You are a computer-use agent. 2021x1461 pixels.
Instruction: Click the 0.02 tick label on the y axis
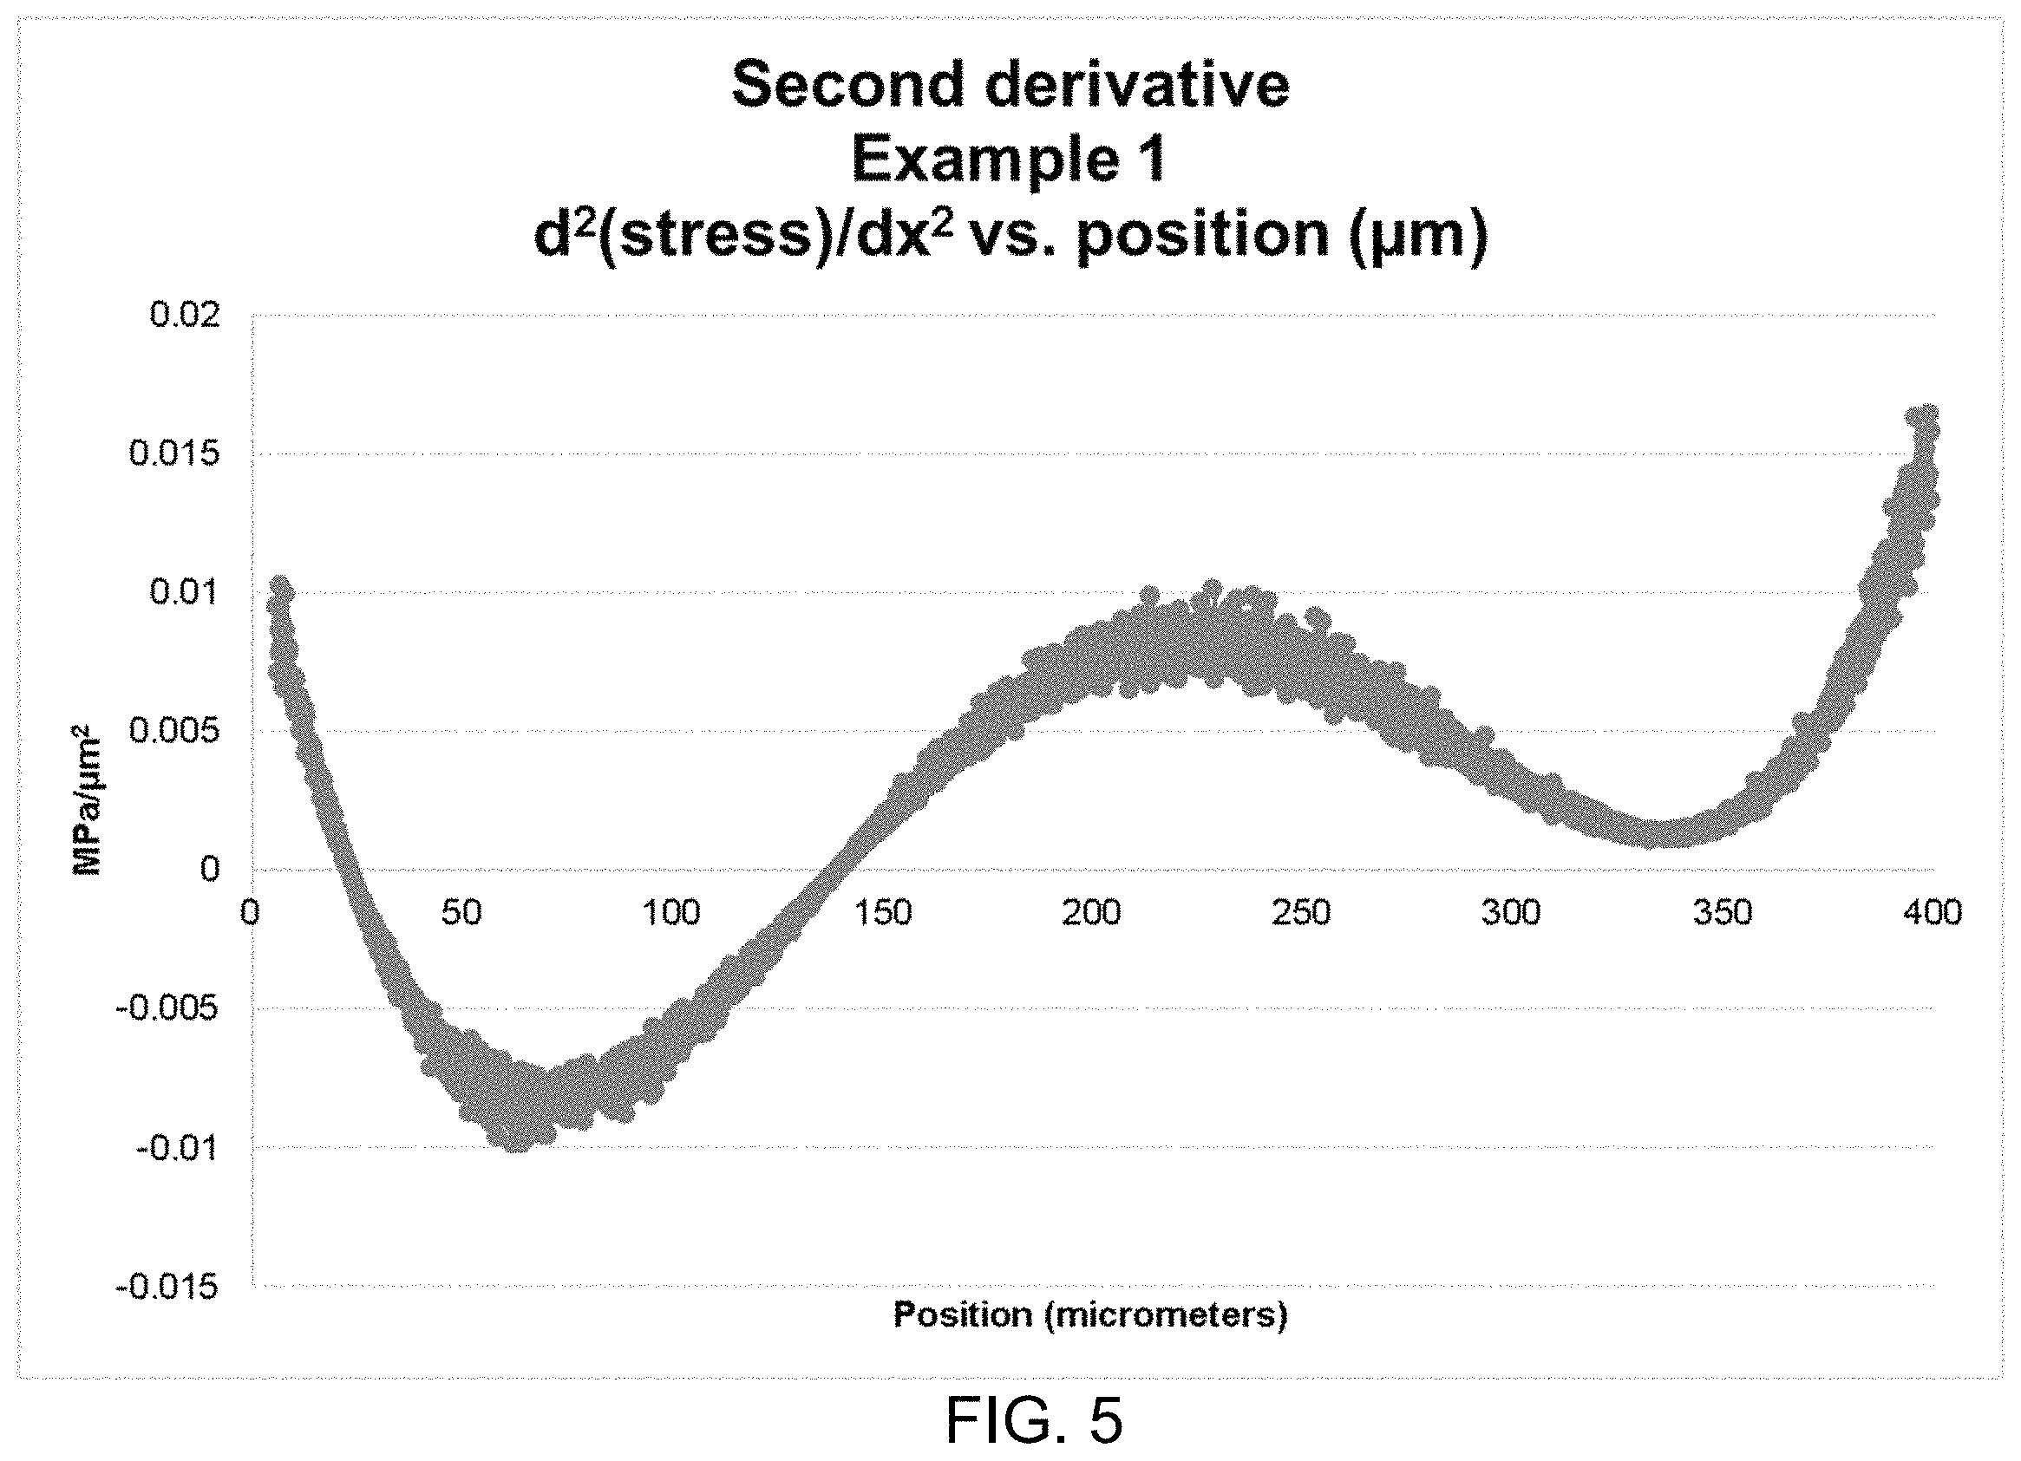(185, 316)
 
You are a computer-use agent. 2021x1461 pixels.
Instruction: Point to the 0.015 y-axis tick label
(174, 453)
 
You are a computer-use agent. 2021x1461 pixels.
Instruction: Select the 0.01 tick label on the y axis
(185, 592)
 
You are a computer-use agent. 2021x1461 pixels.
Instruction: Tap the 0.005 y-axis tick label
(174, 732)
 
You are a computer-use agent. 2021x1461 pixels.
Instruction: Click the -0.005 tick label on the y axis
(167, 1008)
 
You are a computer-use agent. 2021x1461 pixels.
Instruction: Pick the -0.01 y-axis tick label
(177, 1147)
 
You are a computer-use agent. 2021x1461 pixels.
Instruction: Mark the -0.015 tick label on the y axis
(167, 1287)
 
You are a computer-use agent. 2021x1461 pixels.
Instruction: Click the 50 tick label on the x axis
(461, 913)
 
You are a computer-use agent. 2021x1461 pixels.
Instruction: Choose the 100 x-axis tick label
(672, 913)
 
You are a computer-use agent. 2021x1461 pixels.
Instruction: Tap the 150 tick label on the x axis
(882, 913)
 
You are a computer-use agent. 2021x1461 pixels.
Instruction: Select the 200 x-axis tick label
(1093, 913)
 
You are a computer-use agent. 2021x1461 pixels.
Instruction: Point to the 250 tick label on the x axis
(1302, 913)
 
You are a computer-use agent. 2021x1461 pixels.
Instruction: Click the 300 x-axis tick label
(1512, 913)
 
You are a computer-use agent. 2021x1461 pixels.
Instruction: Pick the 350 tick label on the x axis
(1723, 913)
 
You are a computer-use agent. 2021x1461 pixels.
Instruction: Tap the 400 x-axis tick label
(1933, 913)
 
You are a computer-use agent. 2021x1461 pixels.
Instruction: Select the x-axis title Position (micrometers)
(1090, 1314)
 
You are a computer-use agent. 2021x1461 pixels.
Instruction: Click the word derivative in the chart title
(1130, 85)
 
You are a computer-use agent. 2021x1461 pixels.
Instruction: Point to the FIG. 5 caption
(1034, 1419)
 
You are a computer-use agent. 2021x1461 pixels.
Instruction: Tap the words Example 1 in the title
(1010, 160)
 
